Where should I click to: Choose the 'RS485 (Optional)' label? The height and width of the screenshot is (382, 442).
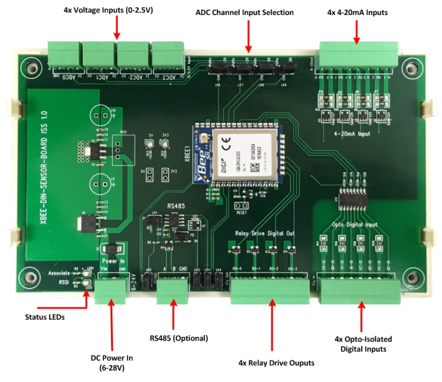179,338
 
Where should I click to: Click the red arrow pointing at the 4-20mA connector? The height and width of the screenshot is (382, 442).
358,31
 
